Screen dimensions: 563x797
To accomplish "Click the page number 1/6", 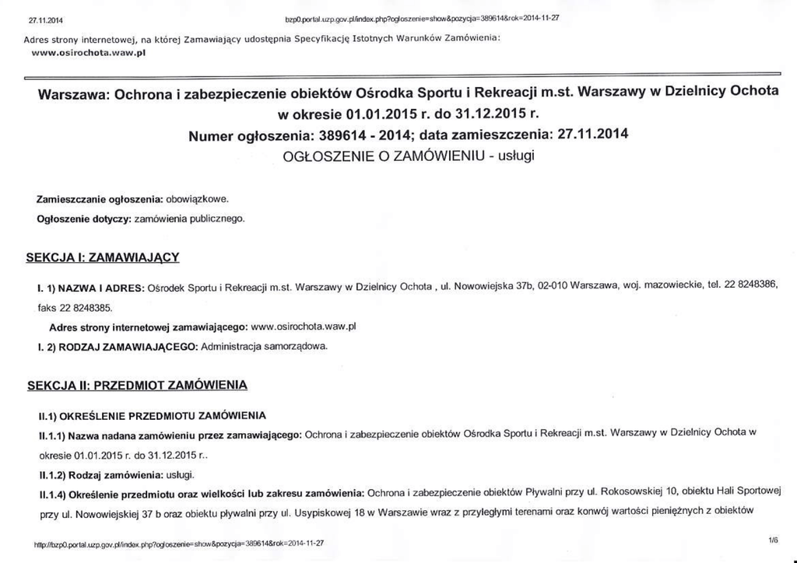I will [772, 539].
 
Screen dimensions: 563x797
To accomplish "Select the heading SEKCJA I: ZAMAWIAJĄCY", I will [104, 257].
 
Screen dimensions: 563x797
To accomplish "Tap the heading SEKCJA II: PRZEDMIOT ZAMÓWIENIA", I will [137, 385].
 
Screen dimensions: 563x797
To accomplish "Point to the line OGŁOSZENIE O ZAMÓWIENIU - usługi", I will [408, 156].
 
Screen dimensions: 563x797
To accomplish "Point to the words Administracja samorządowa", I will [265, 345].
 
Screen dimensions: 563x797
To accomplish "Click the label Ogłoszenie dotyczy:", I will [85, 219].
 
